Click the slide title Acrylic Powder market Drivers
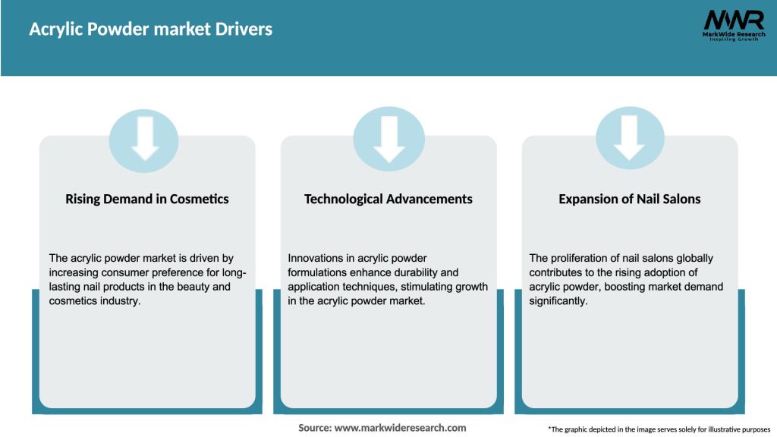150,30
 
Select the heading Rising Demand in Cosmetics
147,200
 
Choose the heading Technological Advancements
388,200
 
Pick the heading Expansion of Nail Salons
630,200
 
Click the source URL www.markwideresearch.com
400,428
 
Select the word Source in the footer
315,428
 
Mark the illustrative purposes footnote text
659,429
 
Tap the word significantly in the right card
560,301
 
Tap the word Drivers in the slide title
244,30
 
